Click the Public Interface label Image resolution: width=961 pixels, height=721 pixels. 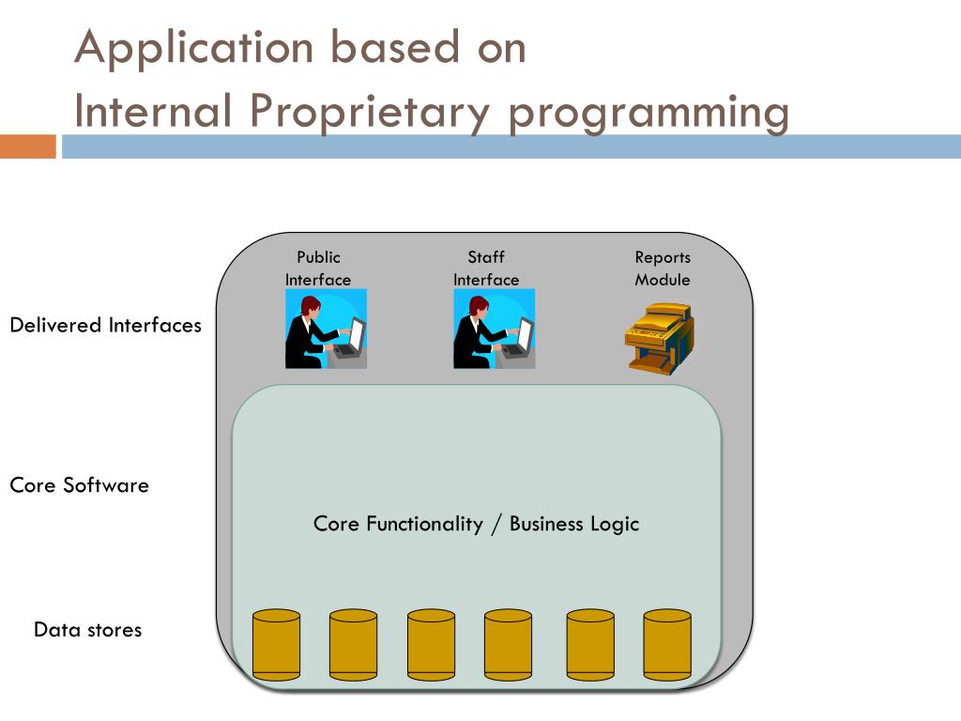318,268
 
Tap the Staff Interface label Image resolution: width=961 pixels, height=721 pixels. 486,268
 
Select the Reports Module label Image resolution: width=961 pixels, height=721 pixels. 663,268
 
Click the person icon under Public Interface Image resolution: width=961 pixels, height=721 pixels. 326,329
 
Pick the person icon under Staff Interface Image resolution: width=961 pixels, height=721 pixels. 494,329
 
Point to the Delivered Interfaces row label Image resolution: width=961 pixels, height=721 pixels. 105,326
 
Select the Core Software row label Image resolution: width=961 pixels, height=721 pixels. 79,485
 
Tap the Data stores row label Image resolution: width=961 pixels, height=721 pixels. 87,629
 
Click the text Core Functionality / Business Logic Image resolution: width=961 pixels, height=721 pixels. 476,524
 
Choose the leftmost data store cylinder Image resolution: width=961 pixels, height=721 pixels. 277,645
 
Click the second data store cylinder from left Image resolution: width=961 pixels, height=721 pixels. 353,645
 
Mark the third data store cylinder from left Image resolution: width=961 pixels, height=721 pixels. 431,645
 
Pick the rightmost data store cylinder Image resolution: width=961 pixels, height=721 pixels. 667,645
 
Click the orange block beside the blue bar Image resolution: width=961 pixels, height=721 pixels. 28,146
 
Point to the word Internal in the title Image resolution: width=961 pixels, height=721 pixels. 153,112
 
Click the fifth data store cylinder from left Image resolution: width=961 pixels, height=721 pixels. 590,645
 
